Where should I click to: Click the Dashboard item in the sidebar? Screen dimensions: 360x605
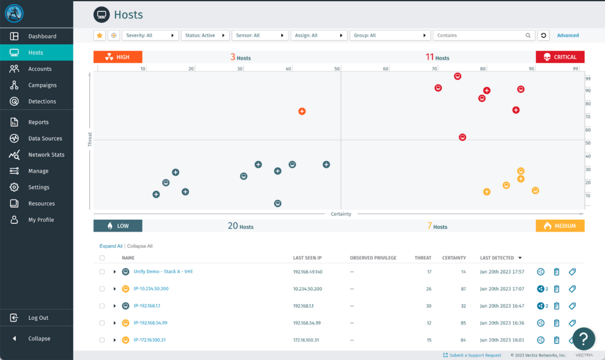(x=42, y=36)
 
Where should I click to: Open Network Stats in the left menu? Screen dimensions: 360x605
(x=46, y=155)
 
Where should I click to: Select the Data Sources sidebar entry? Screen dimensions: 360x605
(x=45, y=138)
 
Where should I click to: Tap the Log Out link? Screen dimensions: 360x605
(x=38, y=318)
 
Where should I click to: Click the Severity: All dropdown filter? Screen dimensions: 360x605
(x=151, y=35)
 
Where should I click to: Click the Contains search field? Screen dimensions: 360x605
(x=480, y=35)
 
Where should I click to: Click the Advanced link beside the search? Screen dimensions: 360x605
(x=568, y=35)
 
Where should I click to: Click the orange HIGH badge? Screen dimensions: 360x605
(x=118, y=57)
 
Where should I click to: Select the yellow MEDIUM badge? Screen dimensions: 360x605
(x=560, y=226)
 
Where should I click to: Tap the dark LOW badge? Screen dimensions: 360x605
(x=118, y=226)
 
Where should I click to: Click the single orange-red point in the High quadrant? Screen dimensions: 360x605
(x=302, y=111)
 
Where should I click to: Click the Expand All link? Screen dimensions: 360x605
(x=111, y=246)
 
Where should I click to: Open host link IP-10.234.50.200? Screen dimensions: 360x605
(x=151, y=289)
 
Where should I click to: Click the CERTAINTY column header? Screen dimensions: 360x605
(x=454, y=258)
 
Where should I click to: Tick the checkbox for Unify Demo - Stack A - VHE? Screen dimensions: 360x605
(x=102, y=272)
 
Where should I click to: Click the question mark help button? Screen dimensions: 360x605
(x=583, y=339)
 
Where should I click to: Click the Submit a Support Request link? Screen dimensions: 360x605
(x=475, y=355)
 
